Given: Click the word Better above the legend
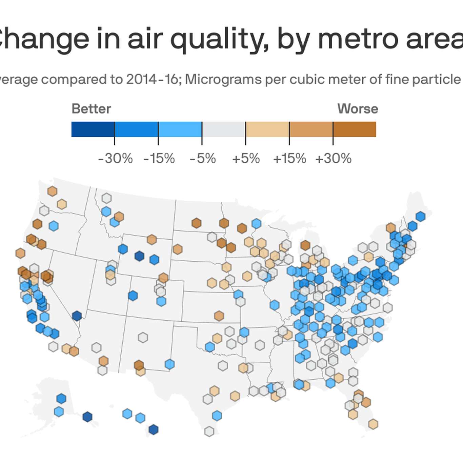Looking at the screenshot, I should (x=91, y=109).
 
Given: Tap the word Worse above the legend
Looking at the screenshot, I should (x=358, y=109).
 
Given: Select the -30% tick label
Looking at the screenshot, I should (x=115, y=158).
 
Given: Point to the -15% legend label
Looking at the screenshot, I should (x=159, y=158).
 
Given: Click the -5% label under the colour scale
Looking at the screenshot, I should (x=203, y=158).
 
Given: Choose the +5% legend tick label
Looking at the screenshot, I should (x=246, y=158).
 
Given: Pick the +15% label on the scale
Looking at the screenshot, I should (x=289, y=158).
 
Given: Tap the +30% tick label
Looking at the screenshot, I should (x=333, y=158).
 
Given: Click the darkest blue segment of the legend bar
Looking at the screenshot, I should (x=93, y=129).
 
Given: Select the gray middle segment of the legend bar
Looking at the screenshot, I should (x=224, y=129).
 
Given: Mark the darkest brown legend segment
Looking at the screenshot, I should (x=355, y=129).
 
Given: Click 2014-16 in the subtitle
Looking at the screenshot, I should (x=152, y=79).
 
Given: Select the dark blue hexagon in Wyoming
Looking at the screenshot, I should (x=139, y=256).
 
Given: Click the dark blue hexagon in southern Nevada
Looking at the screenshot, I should (x=77, y=316).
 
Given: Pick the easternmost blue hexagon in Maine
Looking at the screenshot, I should (x=420, y=216).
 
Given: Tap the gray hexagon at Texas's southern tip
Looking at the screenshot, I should (x=209, y=431).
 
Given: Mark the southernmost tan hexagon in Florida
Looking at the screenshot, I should (x=373, y=424).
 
